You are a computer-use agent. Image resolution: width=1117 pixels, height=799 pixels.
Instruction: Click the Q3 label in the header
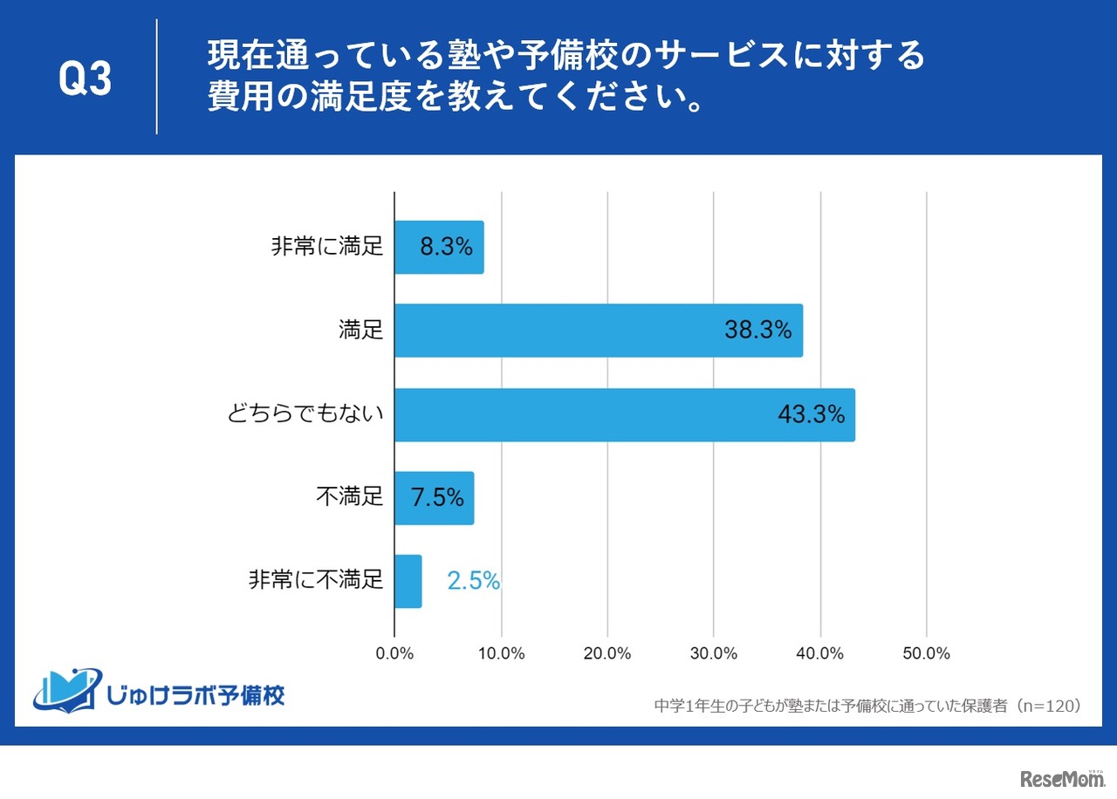[86, 79]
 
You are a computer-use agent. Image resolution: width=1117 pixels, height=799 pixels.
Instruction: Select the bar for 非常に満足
[439, 247]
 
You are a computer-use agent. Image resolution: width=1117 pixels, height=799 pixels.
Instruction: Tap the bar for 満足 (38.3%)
[598, 331]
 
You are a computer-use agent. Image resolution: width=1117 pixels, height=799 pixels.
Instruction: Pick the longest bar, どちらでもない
[624, 414]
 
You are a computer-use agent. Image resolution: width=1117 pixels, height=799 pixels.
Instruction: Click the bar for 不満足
[434, 498]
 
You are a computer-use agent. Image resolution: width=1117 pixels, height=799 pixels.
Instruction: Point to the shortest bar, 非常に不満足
[408, 582]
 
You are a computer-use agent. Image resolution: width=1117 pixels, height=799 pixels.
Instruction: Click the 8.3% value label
[446, 247]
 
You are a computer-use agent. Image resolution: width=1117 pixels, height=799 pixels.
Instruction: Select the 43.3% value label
[811, 414]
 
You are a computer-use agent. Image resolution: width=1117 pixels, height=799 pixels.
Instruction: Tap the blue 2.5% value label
[473, 581]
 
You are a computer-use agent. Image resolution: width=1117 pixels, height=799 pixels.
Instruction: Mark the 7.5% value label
[436, 498]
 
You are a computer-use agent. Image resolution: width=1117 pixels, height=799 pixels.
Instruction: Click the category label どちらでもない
[305, 414]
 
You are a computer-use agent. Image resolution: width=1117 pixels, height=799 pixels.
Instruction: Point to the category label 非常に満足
[327, 247]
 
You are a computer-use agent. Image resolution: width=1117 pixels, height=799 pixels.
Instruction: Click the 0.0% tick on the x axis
[394, 653]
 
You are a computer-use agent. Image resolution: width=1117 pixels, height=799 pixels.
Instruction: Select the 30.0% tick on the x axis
[714, 653]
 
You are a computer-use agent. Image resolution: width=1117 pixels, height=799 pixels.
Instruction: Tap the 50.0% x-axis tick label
[926, 653]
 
